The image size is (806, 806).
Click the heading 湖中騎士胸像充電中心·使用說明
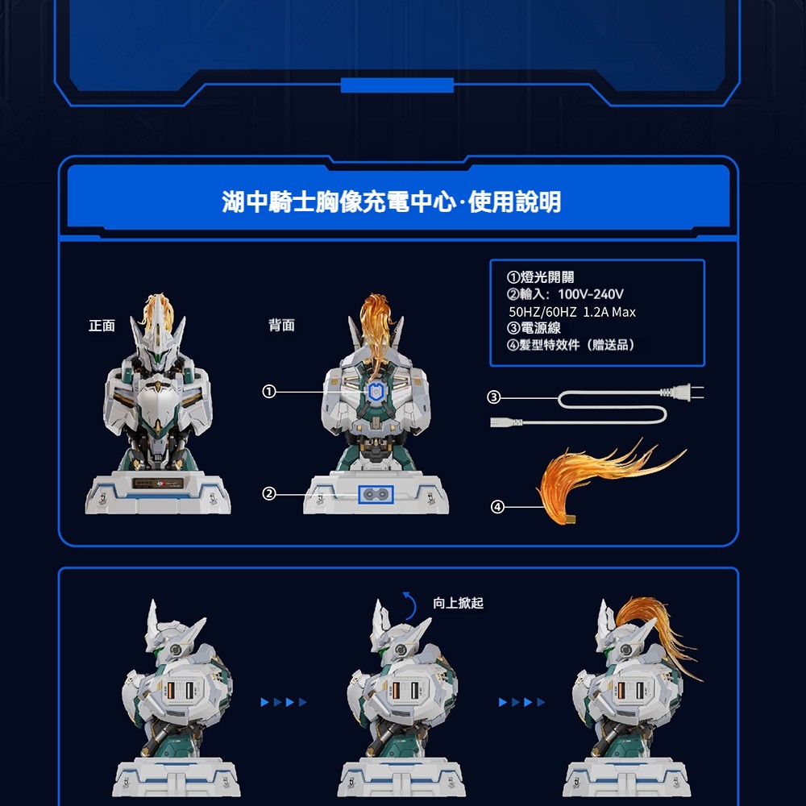pos(391,201)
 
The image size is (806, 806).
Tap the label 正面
pos(102,326)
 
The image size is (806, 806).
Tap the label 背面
pos(281,325)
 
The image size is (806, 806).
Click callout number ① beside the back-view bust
pos(269,392)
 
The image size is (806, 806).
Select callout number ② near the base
pos(269,494)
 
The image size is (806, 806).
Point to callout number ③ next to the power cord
pos(494,397)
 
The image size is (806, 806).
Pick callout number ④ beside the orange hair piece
pos(497,507)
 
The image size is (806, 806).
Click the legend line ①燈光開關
pos(540,277)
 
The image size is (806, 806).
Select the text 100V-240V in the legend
pos(591,294)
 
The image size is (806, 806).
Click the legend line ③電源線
pos(534,328)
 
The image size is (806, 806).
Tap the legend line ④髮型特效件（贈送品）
pos(571,344)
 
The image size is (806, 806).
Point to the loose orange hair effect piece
pos(607,480)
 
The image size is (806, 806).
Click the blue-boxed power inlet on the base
pos(376,495)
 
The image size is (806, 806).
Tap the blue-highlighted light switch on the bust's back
pos(376,393)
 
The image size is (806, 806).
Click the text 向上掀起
pos(458,603)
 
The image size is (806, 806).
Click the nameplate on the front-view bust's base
pos(158,484)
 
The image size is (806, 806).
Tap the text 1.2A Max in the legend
pos(609,312)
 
